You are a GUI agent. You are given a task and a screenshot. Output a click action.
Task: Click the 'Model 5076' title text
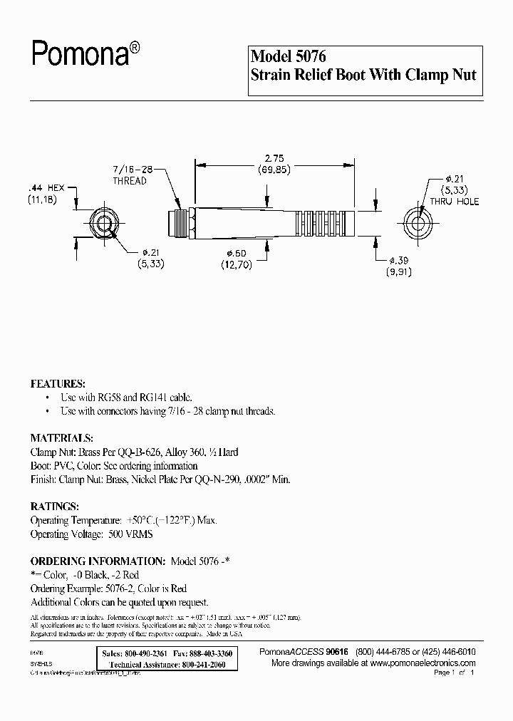[x=289, y=56]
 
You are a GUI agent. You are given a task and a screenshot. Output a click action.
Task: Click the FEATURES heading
[x=58, y=383]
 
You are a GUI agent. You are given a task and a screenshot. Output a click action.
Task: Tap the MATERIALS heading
[x=61, y=437]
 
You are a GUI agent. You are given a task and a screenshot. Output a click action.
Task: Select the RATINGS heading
[x=54, y=506]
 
